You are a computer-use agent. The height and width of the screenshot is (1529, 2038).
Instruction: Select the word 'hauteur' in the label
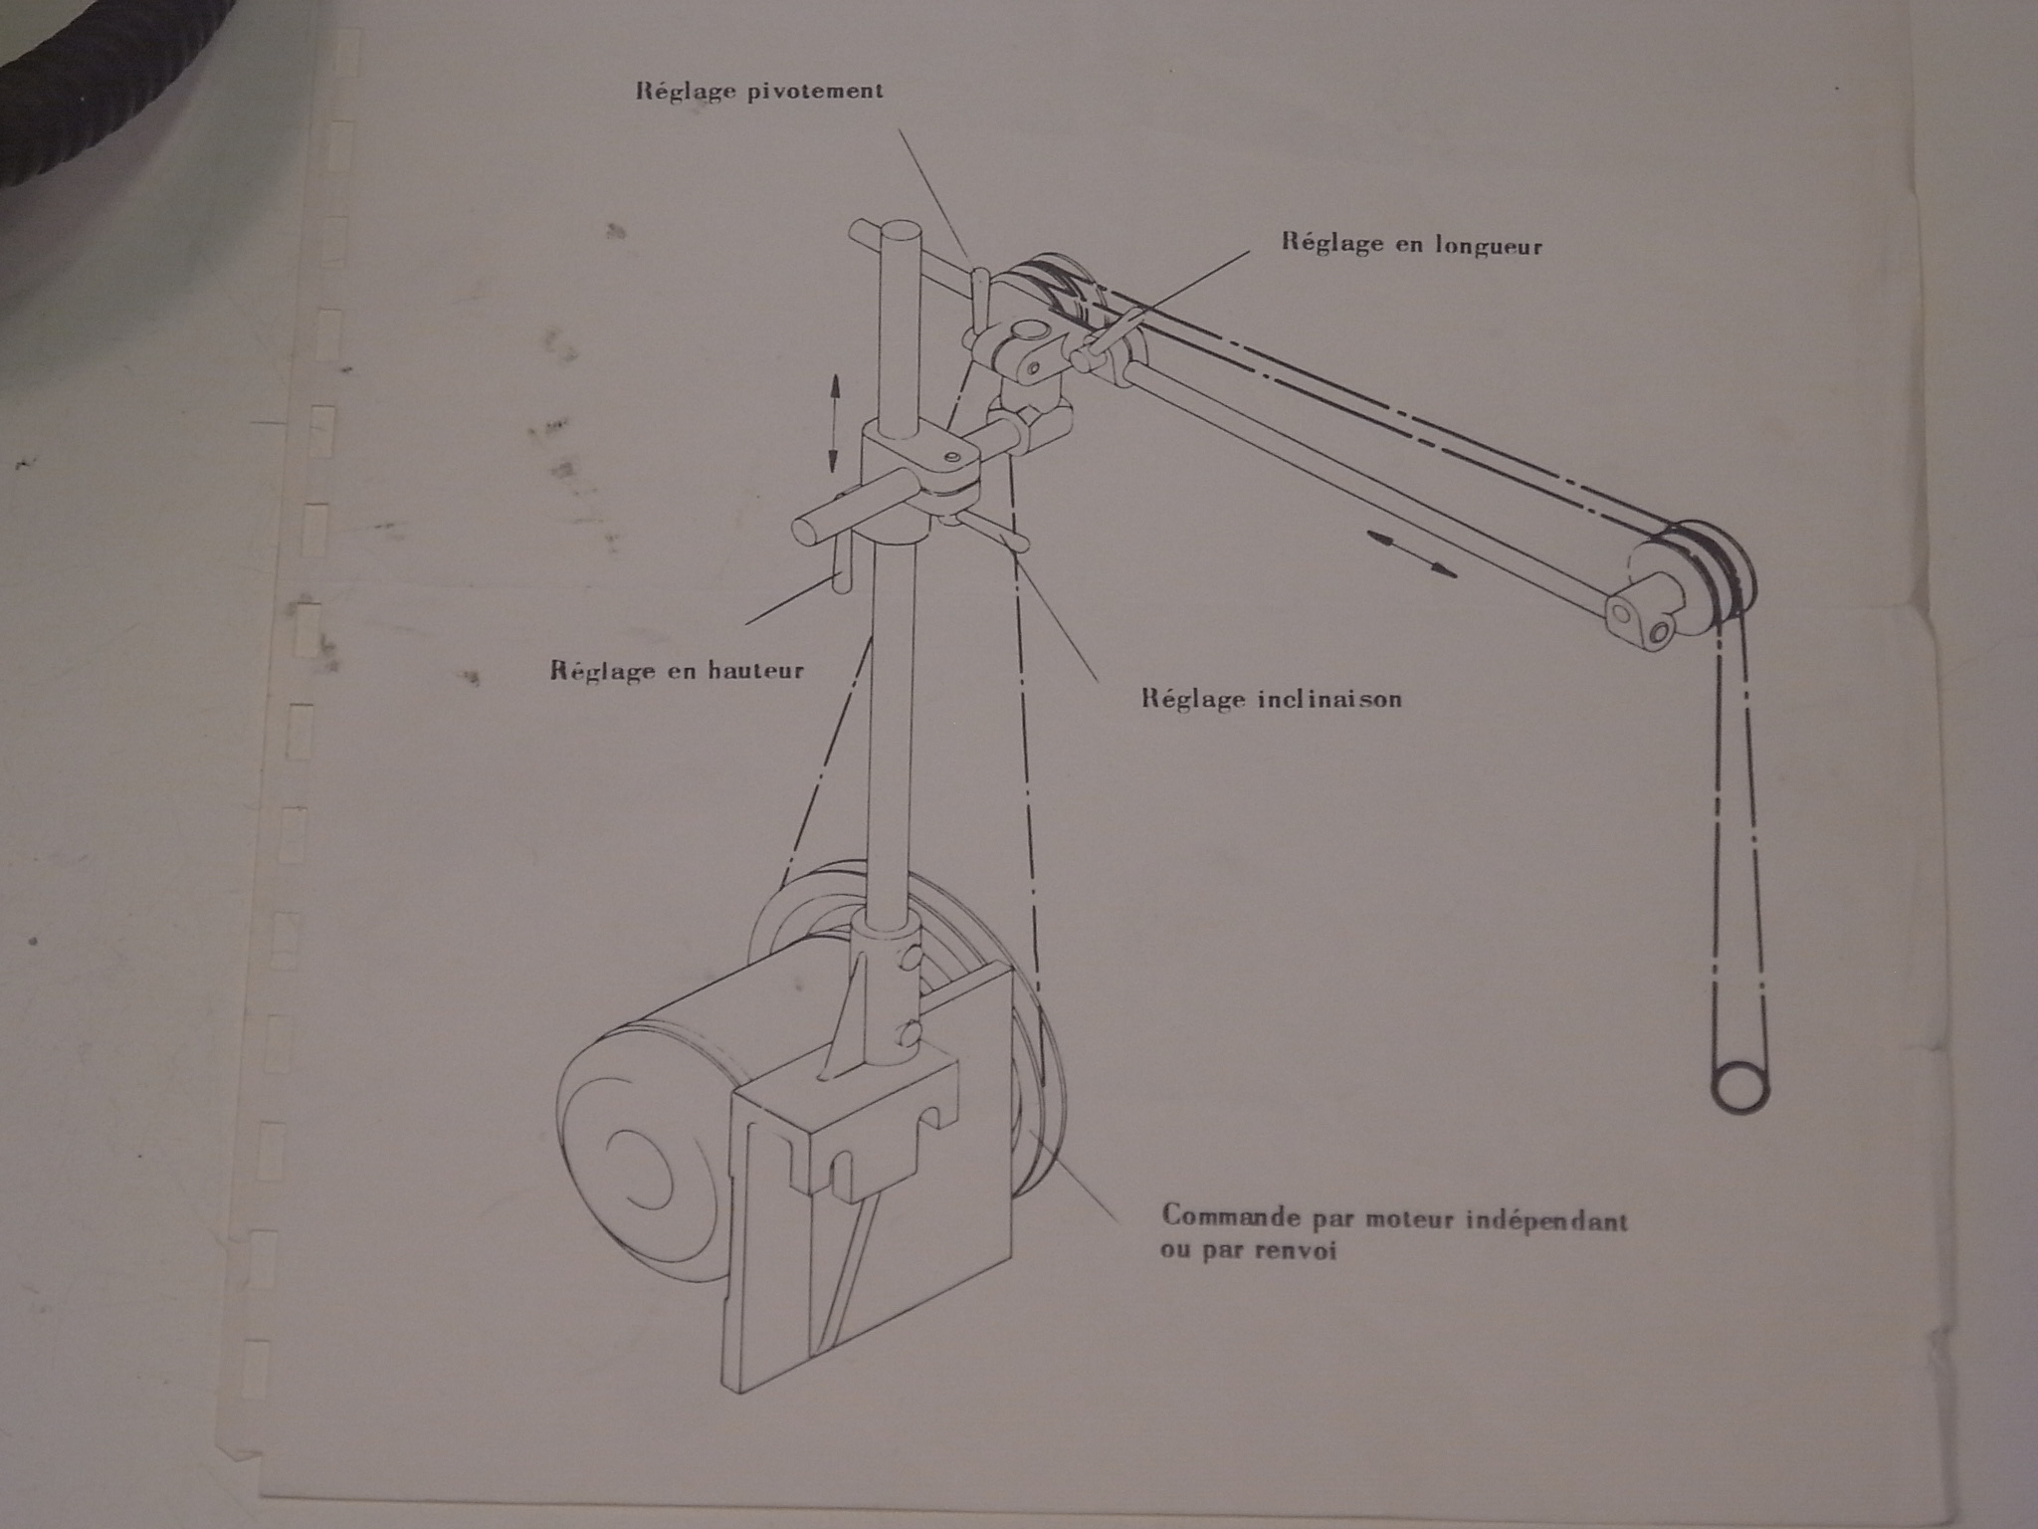(755, 670)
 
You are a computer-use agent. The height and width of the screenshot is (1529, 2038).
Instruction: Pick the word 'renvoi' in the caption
(1292, 1250)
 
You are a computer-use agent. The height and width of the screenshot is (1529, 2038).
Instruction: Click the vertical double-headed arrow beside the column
(834, 422)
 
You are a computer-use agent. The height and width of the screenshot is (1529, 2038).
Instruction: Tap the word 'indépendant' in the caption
(1548, 1219)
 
